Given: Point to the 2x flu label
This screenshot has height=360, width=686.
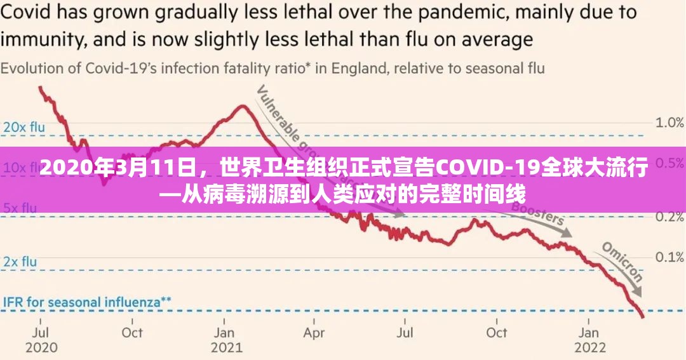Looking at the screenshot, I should click(20, 261).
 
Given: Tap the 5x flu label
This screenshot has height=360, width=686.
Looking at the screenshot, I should click(20, 207).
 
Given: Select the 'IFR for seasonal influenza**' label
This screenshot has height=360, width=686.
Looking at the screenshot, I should click(88, 302).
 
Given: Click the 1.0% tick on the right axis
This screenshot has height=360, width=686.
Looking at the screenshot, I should click(669, 123).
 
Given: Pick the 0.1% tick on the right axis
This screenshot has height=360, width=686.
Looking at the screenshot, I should click(669, 257).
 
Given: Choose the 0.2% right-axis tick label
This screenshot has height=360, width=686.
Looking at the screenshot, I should click(669, 217).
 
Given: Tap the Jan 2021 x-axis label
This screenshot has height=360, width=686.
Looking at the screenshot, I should click(227, 340).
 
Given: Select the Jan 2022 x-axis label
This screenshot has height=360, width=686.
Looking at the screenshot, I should click(589, 340).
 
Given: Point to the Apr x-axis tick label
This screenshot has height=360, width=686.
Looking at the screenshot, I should click(314, 332).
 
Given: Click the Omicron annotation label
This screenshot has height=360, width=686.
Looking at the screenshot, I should click(622, 261).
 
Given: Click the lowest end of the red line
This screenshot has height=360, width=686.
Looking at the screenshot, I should click(643, 316).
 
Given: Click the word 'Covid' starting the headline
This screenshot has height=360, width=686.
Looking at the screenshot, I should click(24, 13).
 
